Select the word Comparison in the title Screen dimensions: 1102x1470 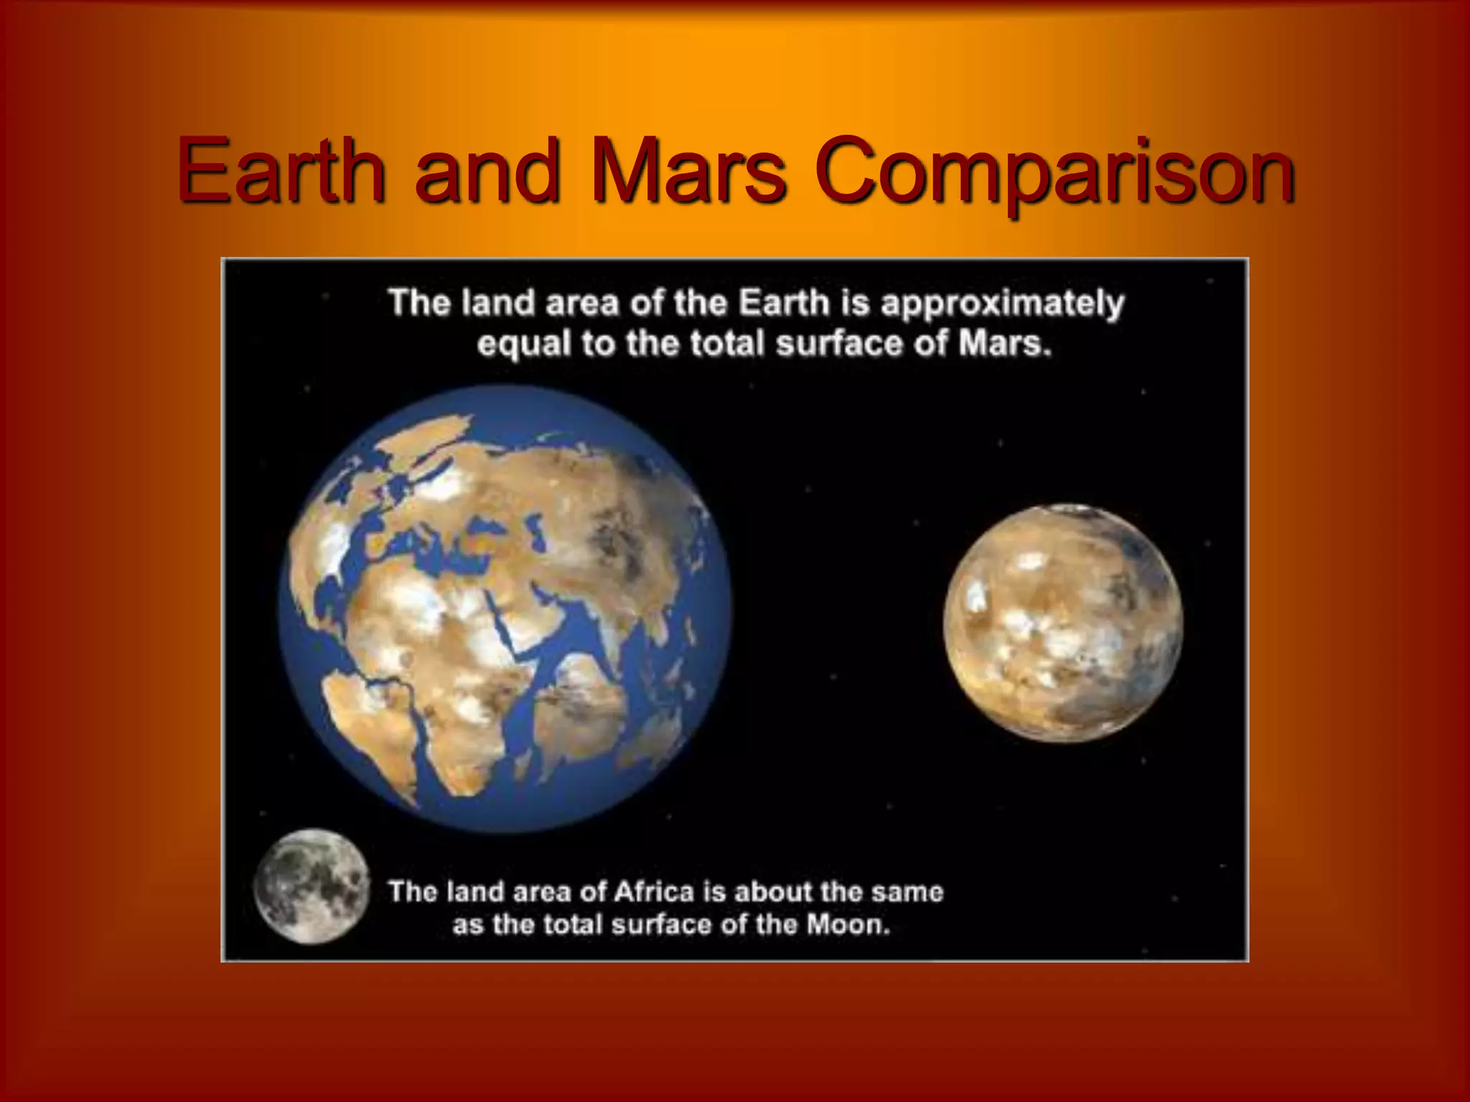(1055, 172)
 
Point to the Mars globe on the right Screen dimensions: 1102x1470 (1063, 623)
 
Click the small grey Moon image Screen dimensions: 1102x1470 (312, 887)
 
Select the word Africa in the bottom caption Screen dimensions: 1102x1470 (655, 892)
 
